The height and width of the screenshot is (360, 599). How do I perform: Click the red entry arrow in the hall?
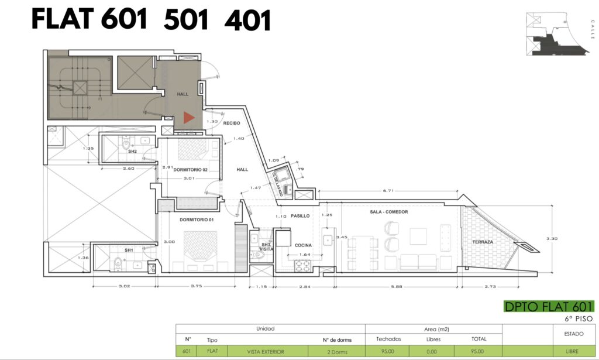click(x=189, y=117)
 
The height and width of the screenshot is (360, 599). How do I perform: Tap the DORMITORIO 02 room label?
click(x=190, y=170)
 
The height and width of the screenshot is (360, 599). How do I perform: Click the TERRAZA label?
click(x=483, y=242)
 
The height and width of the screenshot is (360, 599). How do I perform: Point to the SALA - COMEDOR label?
click(x=389, y=212)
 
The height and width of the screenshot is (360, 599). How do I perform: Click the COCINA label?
click(x=303, y=245)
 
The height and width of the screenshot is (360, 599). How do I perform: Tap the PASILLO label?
click(x=300, y=216)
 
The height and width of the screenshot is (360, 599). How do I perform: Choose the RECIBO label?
click(x=232, y=123)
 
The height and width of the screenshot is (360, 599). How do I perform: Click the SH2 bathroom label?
click(x=132, y=152)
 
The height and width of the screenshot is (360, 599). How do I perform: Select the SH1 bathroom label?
click(x=129, y=251)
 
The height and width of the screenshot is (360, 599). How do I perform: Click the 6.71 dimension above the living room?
click(x=388, y=190)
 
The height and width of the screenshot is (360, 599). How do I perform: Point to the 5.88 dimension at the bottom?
click(x=397, y=286)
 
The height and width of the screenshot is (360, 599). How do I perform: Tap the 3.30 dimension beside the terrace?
click(x=552, y=238)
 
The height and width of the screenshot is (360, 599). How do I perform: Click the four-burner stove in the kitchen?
click(x=302, y=266)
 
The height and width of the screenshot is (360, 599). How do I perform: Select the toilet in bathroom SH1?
click(x=118, y=263)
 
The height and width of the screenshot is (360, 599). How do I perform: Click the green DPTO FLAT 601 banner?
click(x=549, y=307)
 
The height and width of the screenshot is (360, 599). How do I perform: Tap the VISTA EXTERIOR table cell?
click(x=266, y=352)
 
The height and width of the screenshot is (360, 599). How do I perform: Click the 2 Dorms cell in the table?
click(x=337, y=352)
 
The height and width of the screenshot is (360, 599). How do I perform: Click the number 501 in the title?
click(x=186, y=20)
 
